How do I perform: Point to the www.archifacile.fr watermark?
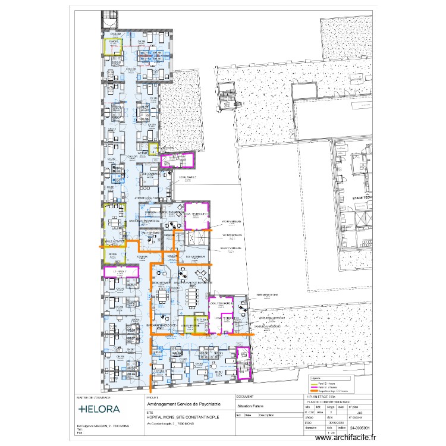point(346,438)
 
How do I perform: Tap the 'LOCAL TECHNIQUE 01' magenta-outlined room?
point(196,215)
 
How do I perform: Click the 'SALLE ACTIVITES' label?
point(114,241)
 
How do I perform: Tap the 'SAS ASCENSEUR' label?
point(196,257)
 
